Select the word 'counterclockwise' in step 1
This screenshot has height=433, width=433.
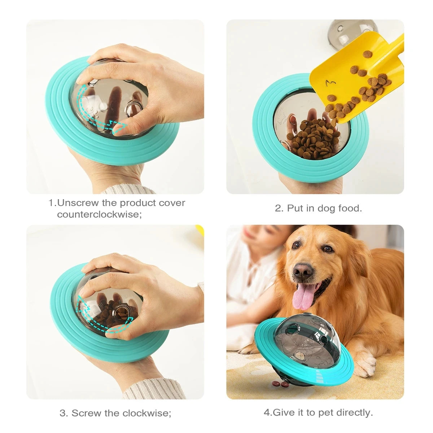(x=99, y=214)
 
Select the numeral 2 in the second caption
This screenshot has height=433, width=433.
(x=278, y=208)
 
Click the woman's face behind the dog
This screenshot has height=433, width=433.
(x=256, y=235)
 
